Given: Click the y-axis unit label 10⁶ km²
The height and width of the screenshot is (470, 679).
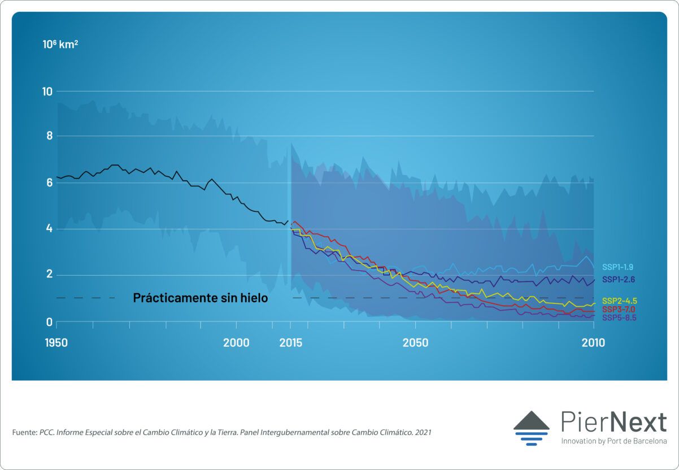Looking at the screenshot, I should point(60,43).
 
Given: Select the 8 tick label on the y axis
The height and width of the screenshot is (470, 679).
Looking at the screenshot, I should point(50,136).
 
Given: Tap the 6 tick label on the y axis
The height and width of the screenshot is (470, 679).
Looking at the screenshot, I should point(50,182).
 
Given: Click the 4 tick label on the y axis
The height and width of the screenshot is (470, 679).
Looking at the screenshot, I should point(50,229).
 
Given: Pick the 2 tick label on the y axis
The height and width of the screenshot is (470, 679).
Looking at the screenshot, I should point(50,275).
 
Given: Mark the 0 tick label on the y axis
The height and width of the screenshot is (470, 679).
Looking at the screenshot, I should point(50,322).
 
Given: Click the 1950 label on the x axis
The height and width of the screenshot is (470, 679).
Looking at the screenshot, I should point(56,343).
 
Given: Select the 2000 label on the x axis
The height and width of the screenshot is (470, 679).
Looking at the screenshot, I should point(236,343).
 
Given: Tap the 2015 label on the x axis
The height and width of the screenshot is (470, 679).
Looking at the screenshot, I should point(290,343).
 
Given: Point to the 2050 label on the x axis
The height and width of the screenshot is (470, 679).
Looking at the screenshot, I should point(415,343).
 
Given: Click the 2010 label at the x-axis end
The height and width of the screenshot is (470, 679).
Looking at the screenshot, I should point(593,343).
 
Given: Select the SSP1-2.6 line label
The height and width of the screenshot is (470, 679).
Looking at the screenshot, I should point(619,280).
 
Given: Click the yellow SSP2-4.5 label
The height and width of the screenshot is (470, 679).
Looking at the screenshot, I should point(619,301).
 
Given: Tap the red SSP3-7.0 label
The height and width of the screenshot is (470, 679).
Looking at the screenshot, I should point(619,310).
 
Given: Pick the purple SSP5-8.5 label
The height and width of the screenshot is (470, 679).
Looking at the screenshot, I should point(619,318).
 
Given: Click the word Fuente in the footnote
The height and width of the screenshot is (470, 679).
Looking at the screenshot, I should point(24,432).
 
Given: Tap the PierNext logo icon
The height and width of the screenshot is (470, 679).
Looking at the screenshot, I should point(531,428).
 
